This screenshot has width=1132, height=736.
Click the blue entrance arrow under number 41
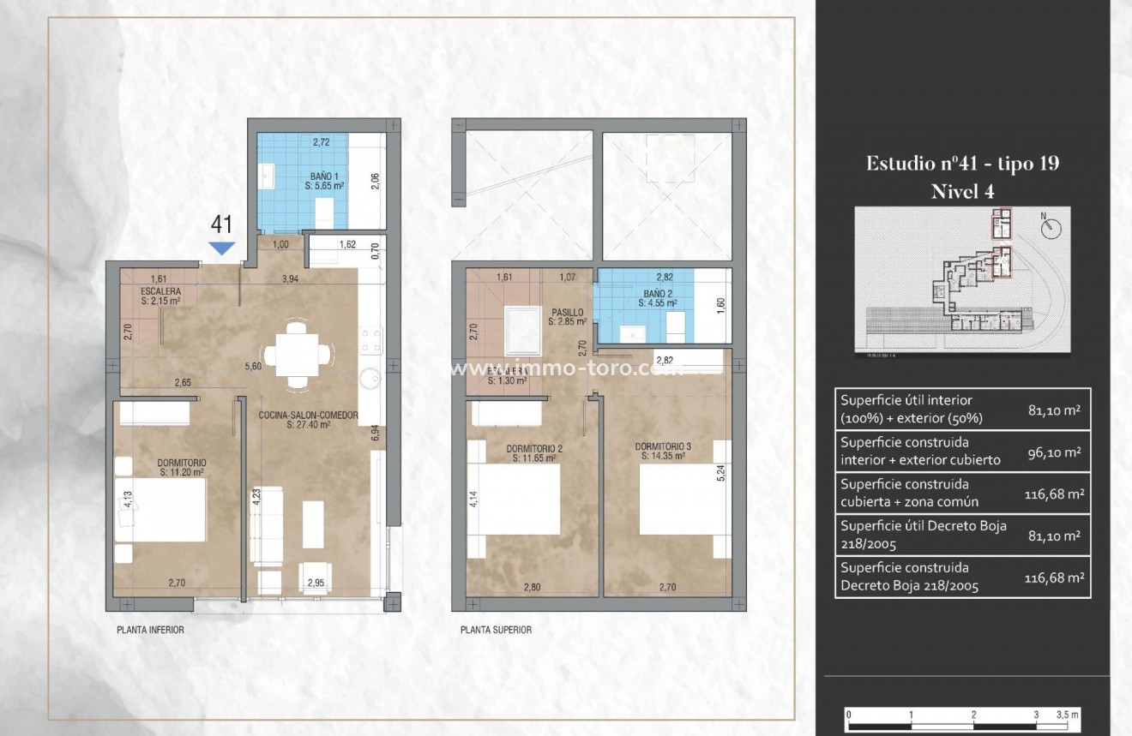pyautogui.click(x=223, y=248)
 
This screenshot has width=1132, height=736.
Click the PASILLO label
pyautogui.click(x=567, y=313)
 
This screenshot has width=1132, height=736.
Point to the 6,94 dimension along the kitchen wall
pyautogui.click(x=375, y=432)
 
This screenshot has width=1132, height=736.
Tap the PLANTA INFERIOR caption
pyautogui.click(x=150, y=630)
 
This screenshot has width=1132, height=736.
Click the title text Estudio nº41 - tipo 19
pyautogui.click(x=962, y=164)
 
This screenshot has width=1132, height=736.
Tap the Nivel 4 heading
pyautogui.click(x=962, y=191)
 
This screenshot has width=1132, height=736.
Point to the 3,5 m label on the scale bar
pyautogui.click(x=1067, y=713)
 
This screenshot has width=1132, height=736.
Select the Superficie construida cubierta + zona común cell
pyautogui.click(x=909, y=494)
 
